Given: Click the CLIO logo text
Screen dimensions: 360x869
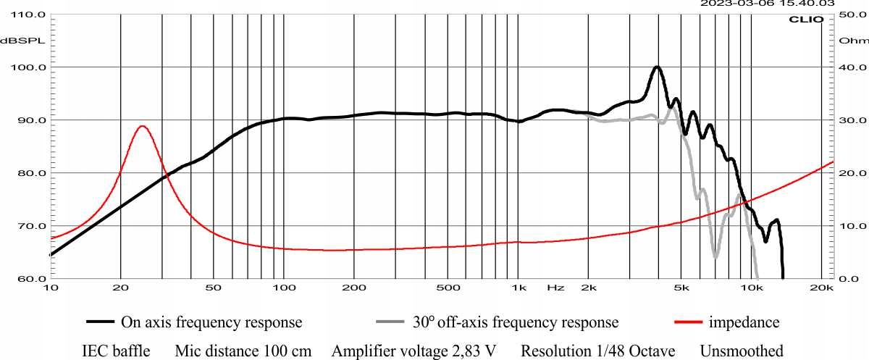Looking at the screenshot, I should pos(805,20).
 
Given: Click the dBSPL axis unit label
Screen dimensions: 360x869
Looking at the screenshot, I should pos(22,41).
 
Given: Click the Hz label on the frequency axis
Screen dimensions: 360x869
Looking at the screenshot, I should pos(555,288).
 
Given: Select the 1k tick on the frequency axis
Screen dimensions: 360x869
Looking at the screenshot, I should pos(518,288).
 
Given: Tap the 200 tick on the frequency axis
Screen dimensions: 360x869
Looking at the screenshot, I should pos(353,288).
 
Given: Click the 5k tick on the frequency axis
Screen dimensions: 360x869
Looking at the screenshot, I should pos(681,288).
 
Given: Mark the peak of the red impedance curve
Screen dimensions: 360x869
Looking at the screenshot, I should pos(142,126).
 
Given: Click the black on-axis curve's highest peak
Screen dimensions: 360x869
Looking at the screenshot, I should pos(657,67).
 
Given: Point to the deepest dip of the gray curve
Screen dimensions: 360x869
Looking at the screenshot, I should pos(715,257).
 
